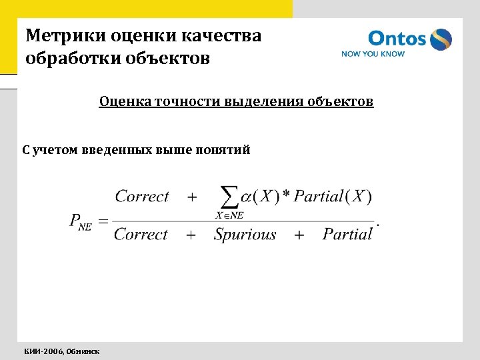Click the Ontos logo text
pos(396,38)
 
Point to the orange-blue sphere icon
pos(441,39)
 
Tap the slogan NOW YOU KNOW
pos(373,54)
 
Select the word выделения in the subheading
pos(260,101)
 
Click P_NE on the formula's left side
pos(80,221)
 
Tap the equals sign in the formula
pos(103,221)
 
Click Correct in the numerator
pos(142,196)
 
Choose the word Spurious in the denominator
pos(245,234)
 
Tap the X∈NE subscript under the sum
pos(229,215)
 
